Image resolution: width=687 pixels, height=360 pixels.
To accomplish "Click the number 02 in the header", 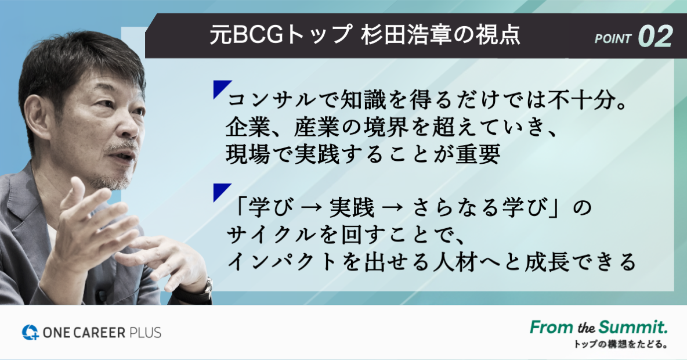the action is coord(655,37).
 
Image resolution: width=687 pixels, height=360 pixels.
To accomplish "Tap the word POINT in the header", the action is coord(613,39).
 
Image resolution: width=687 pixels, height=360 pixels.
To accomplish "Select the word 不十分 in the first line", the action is coord(580,100).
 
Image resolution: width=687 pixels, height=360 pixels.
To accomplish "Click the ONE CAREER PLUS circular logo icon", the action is coord(31,332).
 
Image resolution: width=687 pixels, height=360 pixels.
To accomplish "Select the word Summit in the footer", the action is coord(633,327).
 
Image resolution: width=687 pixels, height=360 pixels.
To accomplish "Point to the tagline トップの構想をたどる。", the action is coord(621,344).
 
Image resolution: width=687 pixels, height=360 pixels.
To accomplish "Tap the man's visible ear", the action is coord(37,116).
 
